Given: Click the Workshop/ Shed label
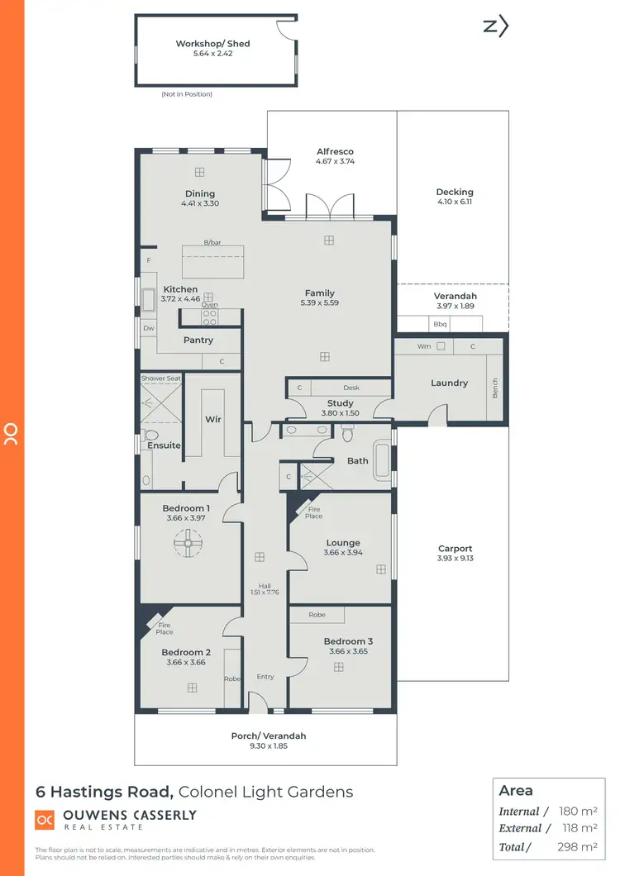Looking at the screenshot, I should pyautogui.click(x=212, y=44).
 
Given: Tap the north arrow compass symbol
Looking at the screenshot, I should pyautogui.click(x=495, y=26).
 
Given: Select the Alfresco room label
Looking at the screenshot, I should pyautogui.click(x=335, y=152).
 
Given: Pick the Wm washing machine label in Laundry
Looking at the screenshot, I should pyautogui.click(x=424, y=346).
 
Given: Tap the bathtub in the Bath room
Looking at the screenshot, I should pyautogui.click(x=382, y=461).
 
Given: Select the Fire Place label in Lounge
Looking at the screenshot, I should pyautogui.click(x=313, y=512).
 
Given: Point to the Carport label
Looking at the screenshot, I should pyautogui.click(x=455, y=548).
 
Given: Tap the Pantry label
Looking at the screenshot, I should pyautogui.click(x=198, y=340).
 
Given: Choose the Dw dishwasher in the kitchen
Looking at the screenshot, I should pyautogui.click(x=149, y=328).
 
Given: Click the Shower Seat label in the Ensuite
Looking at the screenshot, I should pyautogui.click(x=160, y=378).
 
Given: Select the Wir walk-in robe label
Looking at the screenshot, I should pyautogui.click(x=213, y=420).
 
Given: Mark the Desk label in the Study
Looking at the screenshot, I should pyautogui.click(x=351, y=388).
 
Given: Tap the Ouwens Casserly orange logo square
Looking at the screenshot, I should pyautogui.click(x=45, y=820).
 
